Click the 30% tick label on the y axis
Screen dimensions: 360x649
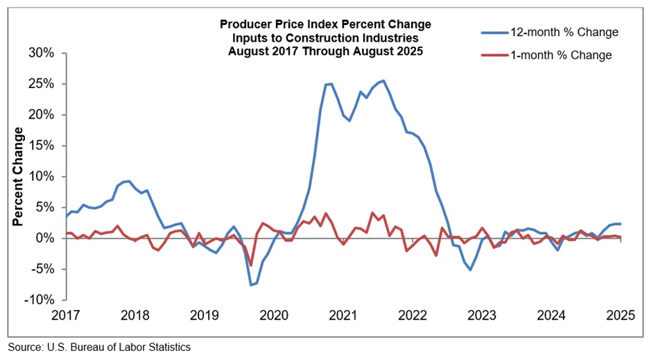(x=40, y=53)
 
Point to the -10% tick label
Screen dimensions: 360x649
(x=38, y=300)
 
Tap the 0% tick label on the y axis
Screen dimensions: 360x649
(x=46, y=238)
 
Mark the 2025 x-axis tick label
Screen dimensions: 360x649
(x=620, y=315)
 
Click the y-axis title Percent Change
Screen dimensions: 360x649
(x=19, y=176)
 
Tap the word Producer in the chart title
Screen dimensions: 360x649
(x=244, y=24)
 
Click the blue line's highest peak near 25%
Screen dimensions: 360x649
(x=384, y=80)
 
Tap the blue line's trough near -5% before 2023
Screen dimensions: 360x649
(x=470, y=269)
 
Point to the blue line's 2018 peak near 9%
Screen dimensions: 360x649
(x=129, y=181)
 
